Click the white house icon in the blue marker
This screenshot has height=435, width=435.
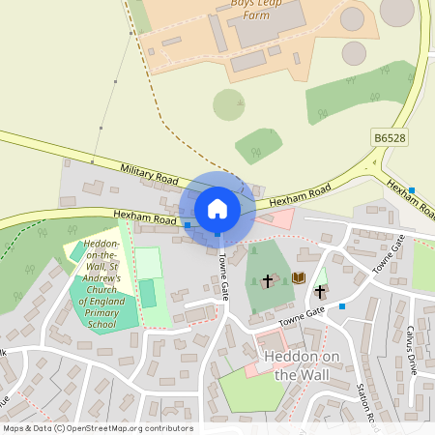(x=217, y=209)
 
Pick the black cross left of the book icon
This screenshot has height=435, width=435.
(x=268, y=280)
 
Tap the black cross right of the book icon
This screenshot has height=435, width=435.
(x=320, y=290)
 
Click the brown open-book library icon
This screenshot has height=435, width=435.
(x=298, y=278)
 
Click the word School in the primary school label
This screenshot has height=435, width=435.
(x=101, y=326)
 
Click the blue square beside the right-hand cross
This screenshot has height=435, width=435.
(x=341, y=305)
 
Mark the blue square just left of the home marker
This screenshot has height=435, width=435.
(x=188, y=224)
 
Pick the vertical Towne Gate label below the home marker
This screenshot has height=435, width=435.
(x=223, y=275)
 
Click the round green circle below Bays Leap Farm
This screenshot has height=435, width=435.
(x=229, y=104)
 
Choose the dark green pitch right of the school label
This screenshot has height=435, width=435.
(x=147, y=293)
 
